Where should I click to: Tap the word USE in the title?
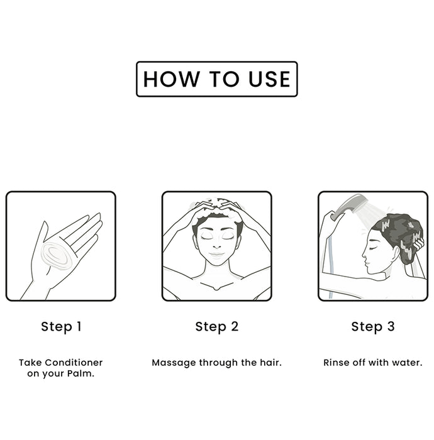point(269,79)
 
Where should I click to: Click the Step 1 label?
point(61,327)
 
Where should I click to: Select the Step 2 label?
point(217,327)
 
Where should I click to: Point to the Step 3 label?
point(373,327)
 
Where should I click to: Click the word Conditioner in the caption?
point(74,363)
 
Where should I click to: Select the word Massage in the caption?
point(174,363)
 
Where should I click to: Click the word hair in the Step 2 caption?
point(270,363)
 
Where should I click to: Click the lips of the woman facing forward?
point(216,255)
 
